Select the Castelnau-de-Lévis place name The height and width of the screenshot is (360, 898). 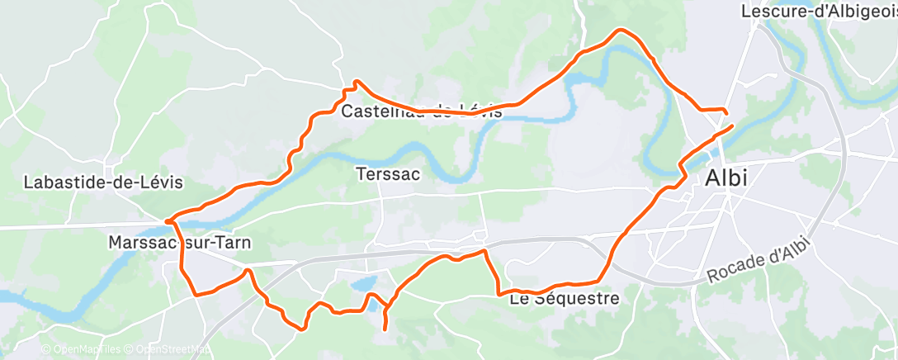pyautogui.click(x=421, y=111)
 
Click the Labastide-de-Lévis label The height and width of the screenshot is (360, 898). pyautogui.click(x=103, y=182)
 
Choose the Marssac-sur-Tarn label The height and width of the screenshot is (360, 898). pyautogui.click(x=180, y=243)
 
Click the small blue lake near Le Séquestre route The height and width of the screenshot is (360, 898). pyautogui.click(x=364, y=283)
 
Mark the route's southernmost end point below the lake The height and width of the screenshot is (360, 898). pyautogui.click(x=385, y=329)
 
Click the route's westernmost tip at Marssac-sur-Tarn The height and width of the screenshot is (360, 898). pyautogui.click(x=167, y=220)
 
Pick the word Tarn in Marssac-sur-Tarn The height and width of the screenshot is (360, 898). pyautogui.click(x=234, y=243)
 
